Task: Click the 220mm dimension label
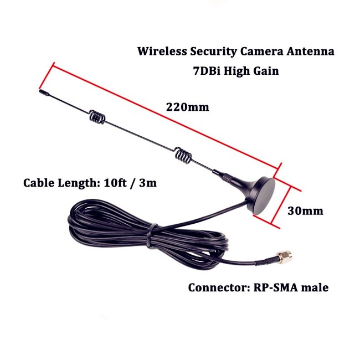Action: coord(188,107)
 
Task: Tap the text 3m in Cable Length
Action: coord(147,183)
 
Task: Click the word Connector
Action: coord(214,287)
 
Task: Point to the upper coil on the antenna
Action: coord(97,117)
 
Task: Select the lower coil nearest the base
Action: coord(183,154)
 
